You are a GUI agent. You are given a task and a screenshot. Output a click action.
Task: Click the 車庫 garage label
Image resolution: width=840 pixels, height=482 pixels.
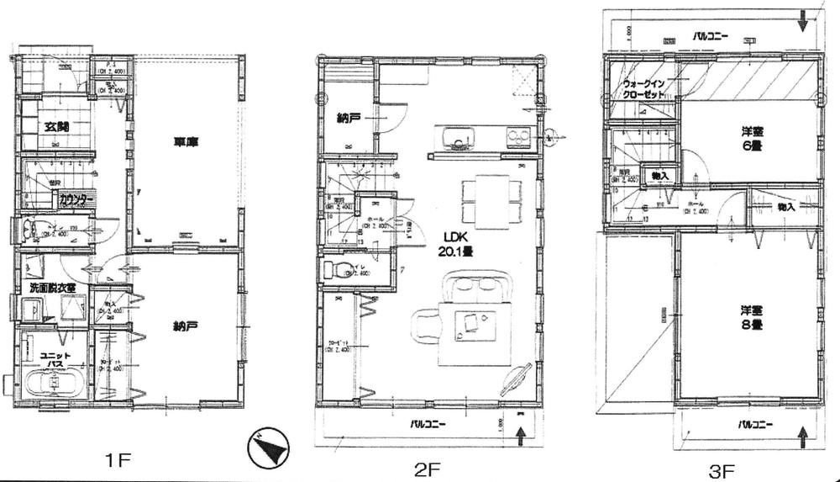pos(186,140)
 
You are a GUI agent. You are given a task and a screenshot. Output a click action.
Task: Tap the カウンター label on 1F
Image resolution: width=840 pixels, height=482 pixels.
pos(76,201)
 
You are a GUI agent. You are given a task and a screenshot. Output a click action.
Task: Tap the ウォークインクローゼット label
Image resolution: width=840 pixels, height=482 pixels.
pos(645,90)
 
